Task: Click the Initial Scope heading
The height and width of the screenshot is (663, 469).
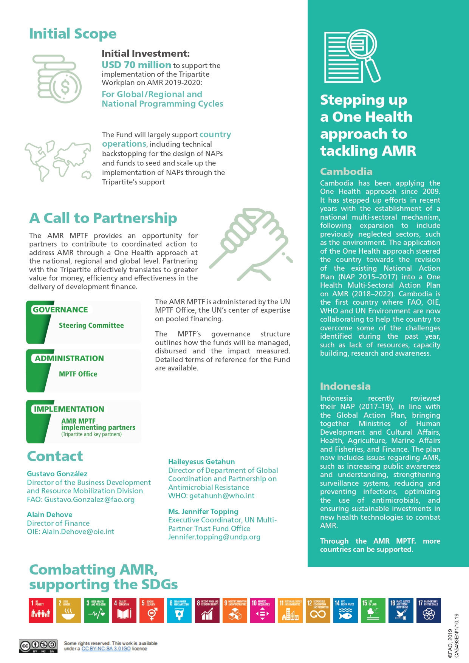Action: (x=73, y=34)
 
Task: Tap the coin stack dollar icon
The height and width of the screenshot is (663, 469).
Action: (x=57, y=79)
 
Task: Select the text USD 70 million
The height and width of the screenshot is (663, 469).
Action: (x=136, y=65)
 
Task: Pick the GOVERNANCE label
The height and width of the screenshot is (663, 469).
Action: (x=60, y=310)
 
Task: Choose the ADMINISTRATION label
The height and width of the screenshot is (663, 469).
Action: (x=69, y=358)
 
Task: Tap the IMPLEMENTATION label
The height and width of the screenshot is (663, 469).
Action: (x=69, y=409)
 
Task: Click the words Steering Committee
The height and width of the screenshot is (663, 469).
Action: (x=91, y=325)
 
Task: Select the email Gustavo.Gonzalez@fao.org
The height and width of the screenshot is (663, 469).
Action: (x=89, y=499)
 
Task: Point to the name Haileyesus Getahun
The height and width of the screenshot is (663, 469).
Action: (x=201, y=462)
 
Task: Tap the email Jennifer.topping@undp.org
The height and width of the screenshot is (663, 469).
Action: (x=214, y=537)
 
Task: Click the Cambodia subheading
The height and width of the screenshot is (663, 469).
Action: (x=346, y=172)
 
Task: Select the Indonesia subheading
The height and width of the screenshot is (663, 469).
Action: (x=345, y=386)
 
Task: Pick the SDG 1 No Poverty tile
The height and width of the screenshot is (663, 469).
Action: (x=41, y=610)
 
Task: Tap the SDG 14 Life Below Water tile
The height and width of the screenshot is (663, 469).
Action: (x=345, y=610)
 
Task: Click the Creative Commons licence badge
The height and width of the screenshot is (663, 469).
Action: (x=38, y=646)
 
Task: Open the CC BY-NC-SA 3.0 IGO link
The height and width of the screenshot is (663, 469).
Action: (x=106, y=649)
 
